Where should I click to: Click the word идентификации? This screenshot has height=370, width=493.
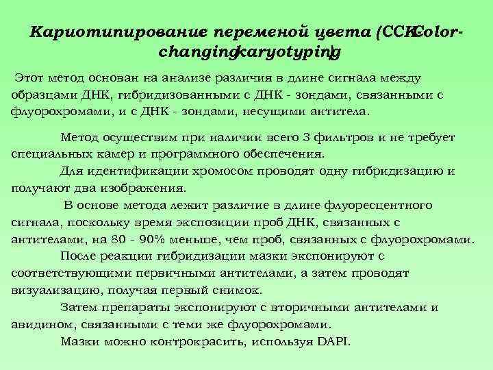131,171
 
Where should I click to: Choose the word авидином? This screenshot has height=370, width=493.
42,323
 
